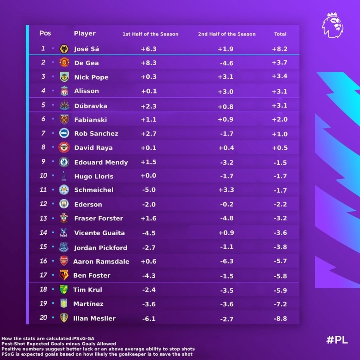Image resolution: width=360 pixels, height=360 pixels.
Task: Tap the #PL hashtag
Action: coord(337,340)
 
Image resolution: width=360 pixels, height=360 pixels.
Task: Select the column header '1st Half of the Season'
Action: coord(150,34)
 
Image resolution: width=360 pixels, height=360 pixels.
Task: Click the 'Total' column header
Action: coord(280,34)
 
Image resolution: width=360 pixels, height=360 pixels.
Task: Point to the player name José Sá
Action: coord(86,49)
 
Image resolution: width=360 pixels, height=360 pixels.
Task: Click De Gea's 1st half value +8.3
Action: coord(149,63)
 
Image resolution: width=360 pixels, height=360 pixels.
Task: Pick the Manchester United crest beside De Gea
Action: coord(64,62)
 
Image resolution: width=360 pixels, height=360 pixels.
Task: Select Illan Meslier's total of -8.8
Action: coord(280,319)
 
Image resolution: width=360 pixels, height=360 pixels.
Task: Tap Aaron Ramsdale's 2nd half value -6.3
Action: coord(226,261)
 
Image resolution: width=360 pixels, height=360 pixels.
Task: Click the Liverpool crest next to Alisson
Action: coord(64,91)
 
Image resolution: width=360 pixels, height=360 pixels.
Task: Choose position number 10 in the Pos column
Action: coord(43,176)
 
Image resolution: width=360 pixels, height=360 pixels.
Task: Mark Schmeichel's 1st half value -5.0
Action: coord(149,190)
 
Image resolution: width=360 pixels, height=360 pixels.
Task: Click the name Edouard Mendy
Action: coord(101,162)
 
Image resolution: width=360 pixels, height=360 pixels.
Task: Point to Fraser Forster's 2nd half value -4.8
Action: coord(226,218)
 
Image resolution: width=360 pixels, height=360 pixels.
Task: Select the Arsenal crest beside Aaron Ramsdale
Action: coord(64,261)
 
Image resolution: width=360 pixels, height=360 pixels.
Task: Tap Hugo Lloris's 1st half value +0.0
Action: coord(149,176)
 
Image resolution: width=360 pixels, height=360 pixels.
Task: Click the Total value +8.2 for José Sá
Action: coord(280,49)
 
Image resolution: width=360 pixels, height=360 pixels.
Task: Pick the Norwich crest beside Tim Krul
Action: coord(64,289)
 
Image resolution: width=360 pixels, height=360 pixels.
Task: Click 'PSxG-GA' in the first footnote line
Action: coord(82,338)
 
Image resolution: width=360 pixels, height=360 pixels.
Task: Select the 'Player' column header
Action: coord(85,34)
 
